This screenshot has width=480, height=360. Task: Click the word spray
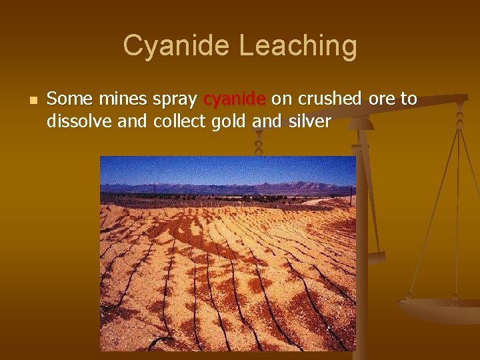(x=175, y=101)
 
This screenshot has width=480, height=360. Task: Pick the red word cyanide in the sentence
(x=234, y=101)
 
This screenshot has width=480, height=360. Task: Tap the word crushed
(x=326, y=99)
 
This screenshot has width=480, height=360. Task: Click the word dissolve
(x=75, y=122)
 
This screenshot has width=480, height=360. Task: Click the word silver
(x=309, y=122)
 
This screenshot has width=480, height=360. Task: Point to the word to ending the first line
(x=409, y=99)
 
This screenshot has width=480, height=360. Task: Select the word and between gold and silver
(x=265, y=122)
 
